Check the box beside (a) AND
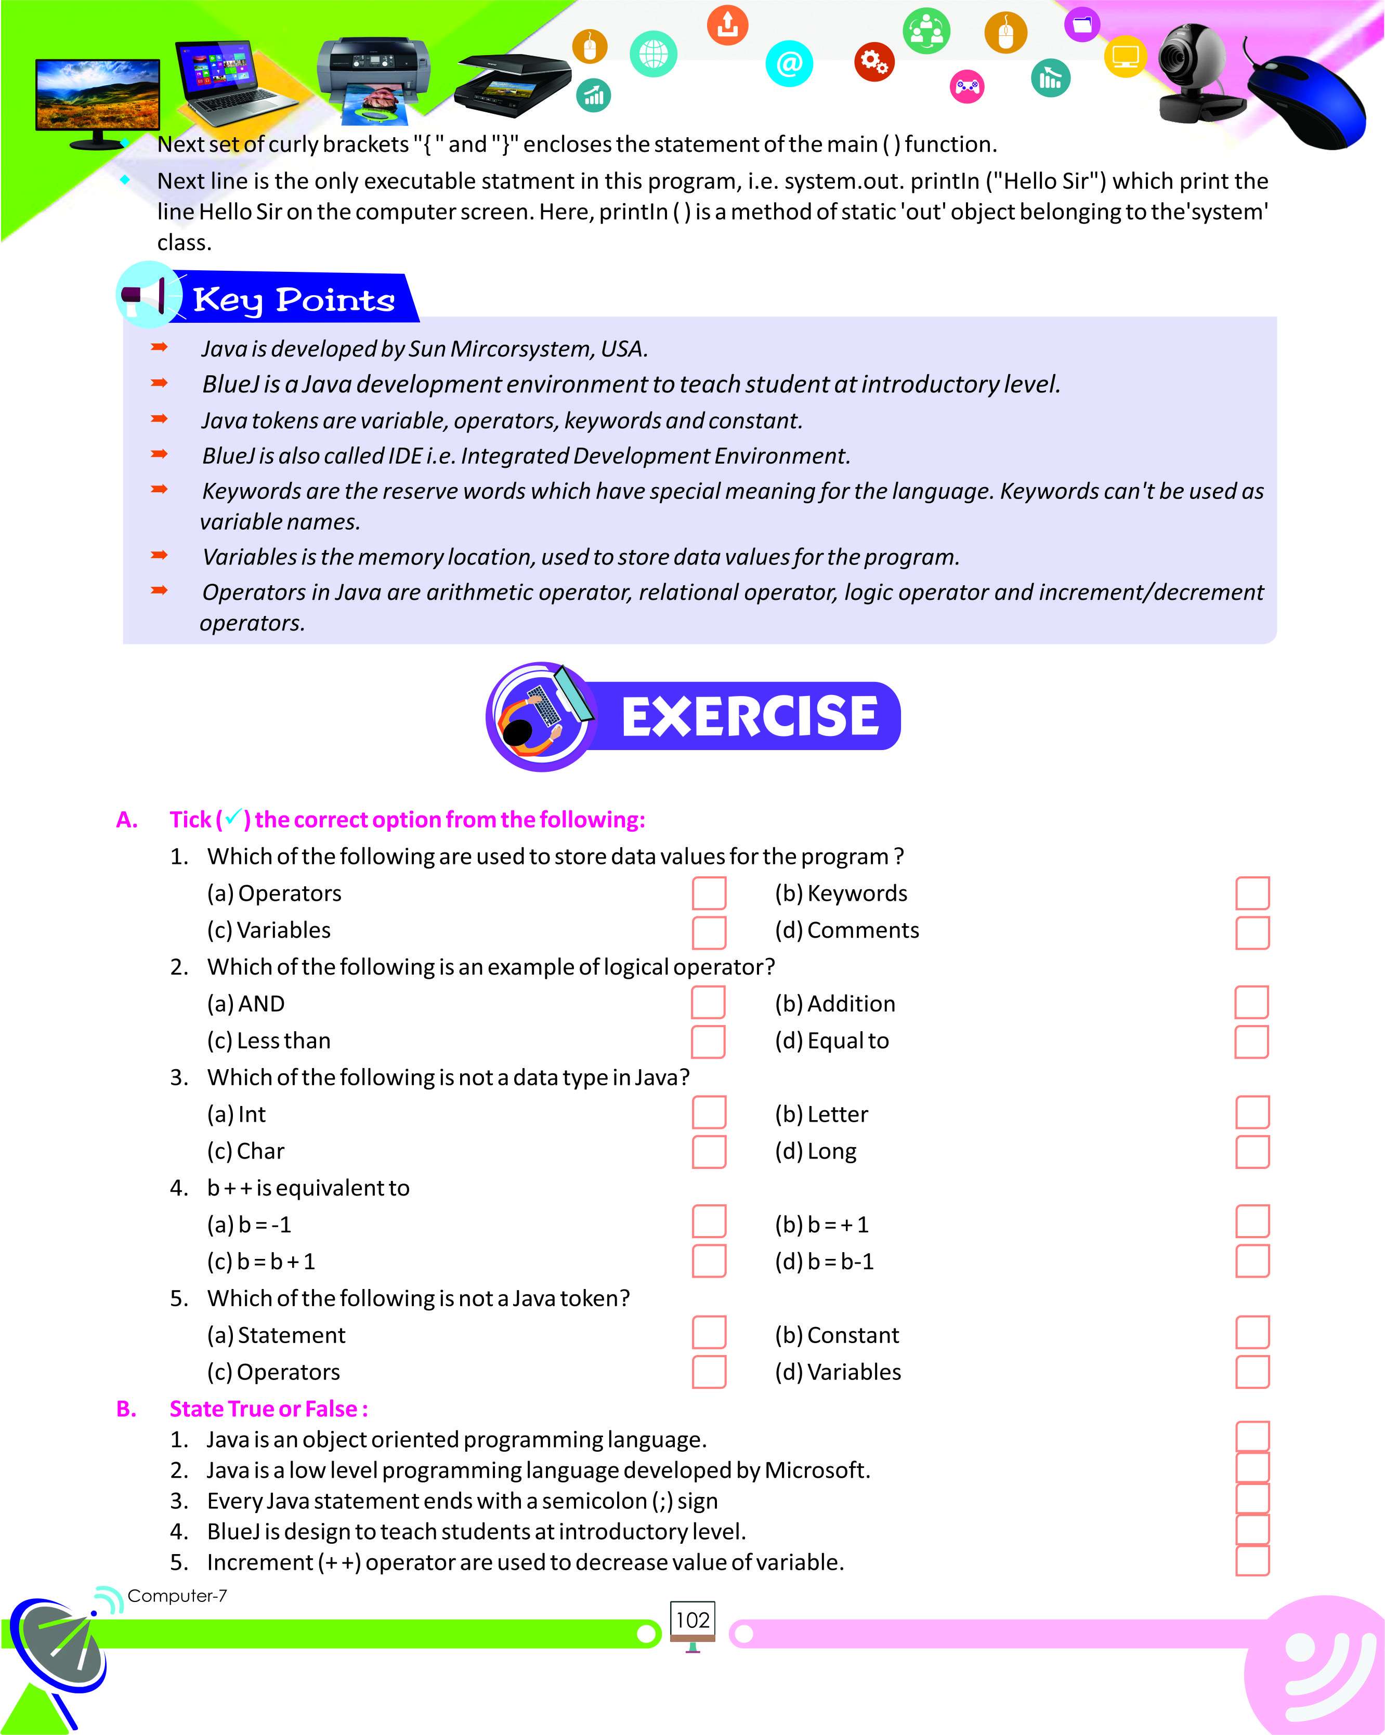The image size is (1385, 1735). pos(708,1003)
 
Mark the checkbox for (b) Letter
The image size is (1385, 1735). pos(1252,1112)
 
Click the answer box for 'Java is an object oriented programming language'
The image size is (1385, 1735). pos(1252,1437)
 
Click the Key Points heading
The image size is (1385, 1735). pos(294,300)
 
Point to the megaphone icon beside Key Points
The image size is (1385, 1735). pos(147,295)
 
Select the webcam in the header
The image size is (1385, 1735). pos(1197,72)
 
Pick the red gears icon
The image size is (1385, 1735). pos(874,62)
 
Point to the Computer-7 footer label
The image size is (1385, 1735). pos(177,1596)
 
